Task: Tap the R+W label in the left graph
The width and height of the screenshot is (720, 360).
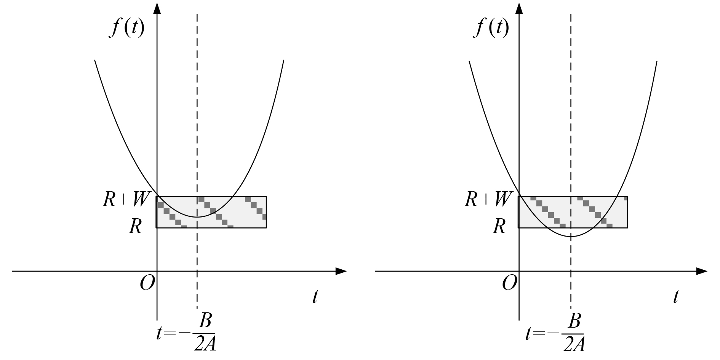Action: (124, 199)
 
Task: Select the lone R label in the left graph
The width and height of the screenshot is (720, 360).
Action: (136, 227)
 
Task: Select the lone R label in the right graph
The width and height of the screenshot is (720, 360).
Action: (499, 227)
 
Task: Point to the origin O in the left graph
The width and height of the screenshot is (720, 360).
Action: (147, 283)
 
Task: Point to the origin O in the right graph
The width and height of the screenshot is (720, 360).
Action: (509, 283)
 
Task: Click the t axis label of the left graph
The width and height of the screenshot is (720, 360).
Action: (315, 296)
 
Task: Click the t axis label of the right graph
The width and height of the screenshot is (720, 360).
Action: (675, 296)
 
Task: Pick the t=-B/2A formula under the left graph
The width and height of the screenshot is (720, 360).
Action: (186, 333)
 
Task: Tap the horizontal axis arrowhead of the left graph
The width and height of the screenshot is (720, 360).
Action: (341, 271)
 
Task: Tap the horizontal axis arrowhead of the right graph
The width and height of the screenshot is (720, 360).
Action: (702, 271)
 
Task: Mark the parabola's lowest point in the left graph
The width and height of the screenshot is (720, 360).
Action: (197, 217)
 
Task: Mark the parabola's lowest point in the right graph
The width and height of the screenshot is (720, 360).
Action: (571, 237)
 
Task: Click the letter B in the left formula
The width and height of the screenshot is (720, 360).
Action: (205, 322)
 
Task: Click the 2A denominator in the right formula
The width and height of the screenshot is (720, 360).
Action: (573, 344)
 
